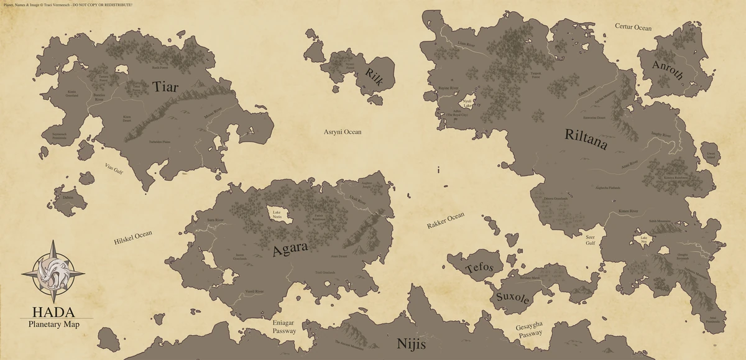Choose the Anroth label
tap(668, 70)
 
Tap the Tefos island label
tap(483, 267)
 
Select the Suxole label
tap(512, 297)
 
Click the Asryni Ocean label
tap(343, 132)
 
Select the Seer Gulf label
tap(591, 241)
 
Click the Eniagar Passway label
tap(284, 327)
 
